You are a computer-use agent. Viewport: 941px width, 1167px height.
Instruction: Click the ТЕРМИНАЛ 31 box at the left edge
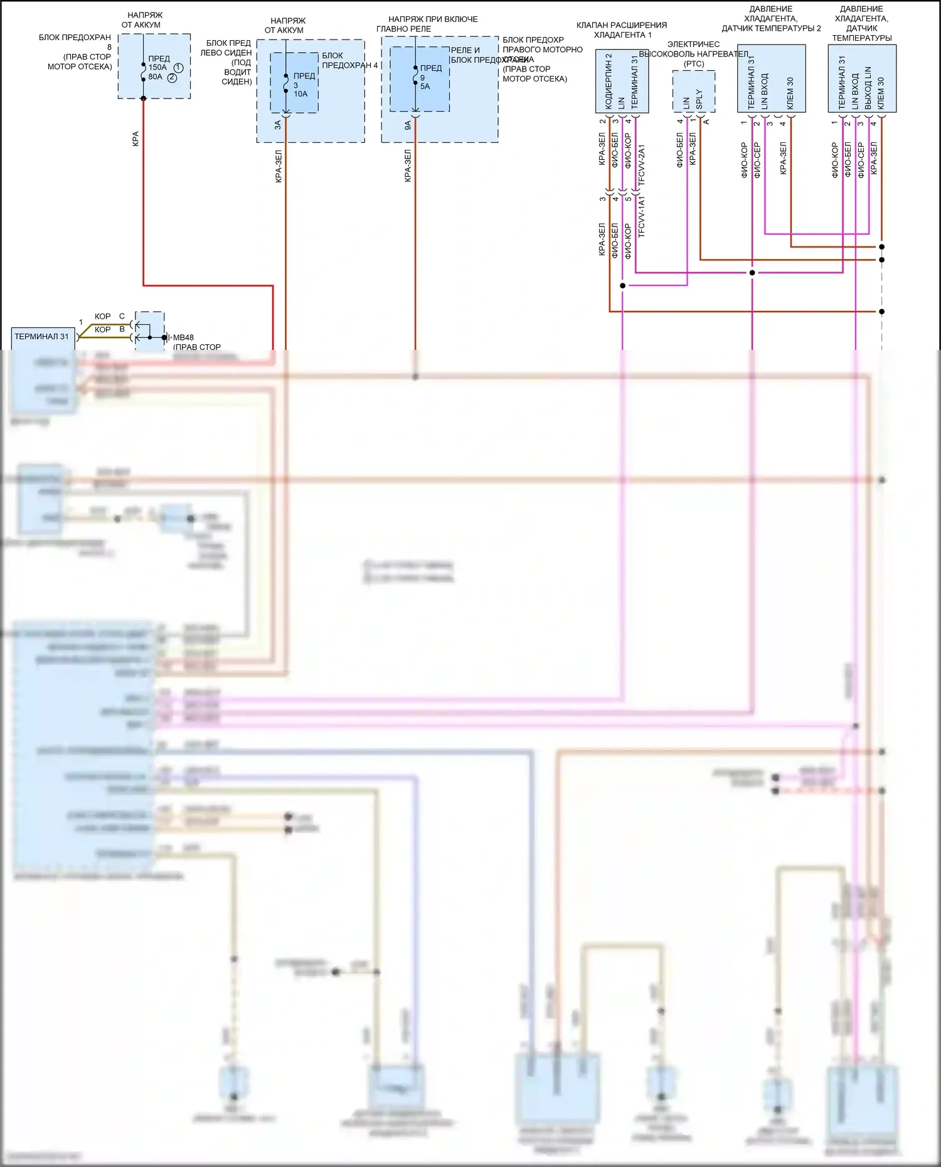coord(42,337)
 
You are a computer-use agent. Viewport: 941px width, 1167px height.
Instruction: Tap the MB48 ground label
coord(183,337)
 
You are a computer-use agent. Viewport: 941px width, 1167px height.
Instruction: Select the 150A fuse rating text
coord(157,67)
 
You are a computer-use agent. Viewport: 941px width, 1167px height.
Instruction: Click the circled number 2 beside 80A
coord(172,78)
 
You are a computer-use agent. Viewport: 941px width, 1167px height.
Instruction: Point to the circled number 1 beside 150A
coord(178,68)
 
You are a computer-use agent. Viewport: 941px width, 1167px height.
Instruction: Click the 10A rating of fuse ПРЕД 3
coord(300,94)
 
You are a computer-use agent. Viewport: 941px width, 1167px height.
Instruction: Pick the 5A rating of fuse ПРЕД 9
coord(425,87)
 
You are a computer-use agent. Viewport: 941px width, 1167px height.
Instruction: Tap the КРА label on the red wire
coord(136,139)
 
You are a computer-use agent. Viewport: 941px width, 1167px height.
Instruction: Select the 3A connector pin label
coord(278,125)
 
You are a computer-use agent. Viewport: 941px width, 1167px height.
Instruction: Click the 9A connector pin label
coord(408,125)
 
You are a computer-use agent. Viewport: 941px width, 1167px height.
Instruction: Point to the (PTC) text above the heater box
coord(694,64)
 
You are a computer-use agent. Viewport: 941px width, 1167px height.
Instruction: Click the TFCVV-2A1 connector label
coord(641,165)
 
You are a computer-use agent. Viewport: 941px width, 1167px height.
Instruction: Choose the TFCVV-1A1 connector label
coord(641,216)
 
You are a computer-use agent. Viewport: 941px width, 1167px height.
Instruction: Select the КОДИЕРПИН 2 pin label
coord(609,81)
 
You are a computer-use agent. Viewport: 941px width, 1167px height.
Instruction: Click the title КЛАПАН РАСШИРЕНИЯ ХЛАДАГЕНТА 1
coord(622,29)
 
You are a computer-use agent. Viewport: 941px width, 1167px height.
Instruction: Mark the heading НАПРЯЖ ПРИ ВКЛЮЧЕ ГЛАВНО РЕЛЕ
coord(432,24)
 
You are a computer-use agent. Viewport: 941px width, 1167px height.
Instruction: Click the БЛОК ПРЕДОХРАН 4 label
coord(349,60)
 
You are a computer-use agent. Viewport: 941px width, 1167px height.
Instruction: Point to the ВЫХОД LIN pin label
coord(868,88)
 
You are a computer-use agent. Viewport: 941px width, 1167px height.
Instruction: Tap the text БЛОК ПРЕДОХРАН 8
coord(75,42)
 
